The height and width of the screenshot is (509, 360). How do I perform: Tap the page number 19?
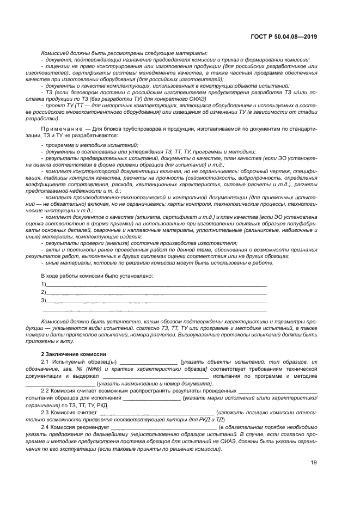(x=314, y=462)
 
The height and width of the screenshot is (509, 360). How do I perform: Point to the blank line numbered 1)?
(x=156, y=285)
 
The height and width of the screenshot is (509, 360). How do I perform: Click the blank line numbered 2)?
(x=156, y=292)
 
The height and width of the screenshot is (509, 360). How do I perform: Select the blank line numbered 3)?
(x=156, y=301)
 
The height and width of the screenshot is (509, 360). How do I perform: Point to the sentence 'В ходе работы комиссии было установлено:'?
(x=97, y=275)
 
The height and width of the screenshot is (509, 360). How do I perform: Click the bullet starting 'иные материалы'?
(x=158, y=263)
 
